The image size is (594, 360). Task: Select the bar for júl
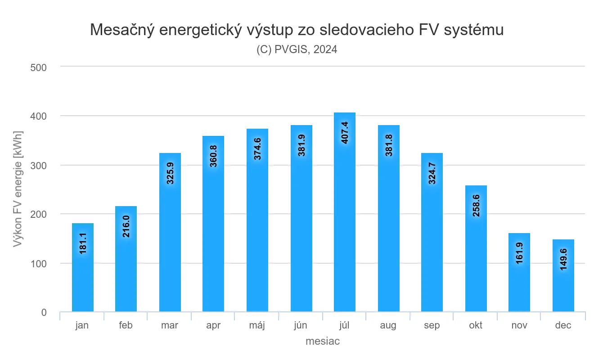point(345,212)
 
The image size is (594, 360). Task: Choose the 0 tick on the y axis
point(44,312)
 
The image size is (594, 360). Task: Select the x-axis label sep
point(432,325)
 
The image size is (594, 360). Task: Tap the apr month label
point(213,325)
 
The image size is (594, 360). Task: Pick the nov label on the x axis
point(519,325)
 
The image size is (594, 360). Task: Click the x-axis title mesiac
point(323,342)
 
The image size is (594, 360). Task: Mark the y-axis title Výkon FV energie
point(18,189)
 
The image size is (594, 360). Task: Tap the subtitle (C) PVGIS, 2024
point(297,49)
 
